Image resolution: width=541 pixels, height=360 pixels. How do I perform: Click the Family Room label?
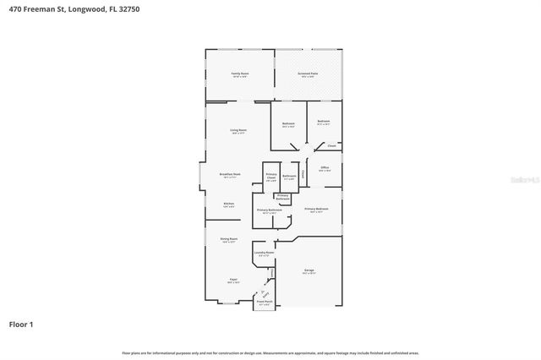pyautogui.click(x=240, y=74)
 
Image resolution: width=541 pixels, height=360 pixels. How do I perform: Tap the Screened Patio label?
pyautogui.click(x=308, y=74)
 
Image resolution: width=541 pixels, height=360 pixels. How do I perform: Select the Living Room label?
pyautogui.click(x=238, y=130)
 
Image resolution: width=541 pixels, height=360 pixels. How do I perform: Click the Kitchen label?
pyautogui.click(x=228, y=204)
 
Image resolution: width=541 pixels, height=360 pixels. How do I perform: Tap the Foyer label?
pyautogui.click(x=232, y=279)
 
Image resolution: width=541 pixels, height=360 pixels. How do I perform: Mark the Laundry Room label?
pyautogui.click(x=265, y=253)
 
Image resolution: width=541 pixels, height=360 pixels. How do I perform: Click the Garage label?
pyautogui.click(x=309, y=270)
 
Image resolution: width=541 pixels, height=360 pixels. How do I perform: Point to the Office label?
pyautogui.click(x=325, y=168)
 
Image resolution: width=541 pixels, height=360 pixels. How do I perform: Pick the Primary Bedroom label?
pyautogui.click(x=316, y=209)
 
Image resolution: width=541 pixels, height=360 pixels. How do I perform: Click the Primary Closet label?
pyautogui.click(x=271, y=176)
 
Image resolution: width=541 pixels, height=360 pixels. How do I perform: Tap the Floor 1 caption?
pyautogui.click(x=23, y=324)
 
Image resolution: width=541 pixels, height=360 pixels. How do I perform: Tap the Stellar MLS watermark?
pyautogui.click(x=518, y=180)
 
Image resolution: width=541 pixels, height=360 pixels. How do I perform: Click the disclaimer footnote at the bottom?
pyautogui.click(x=270, y=352)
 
